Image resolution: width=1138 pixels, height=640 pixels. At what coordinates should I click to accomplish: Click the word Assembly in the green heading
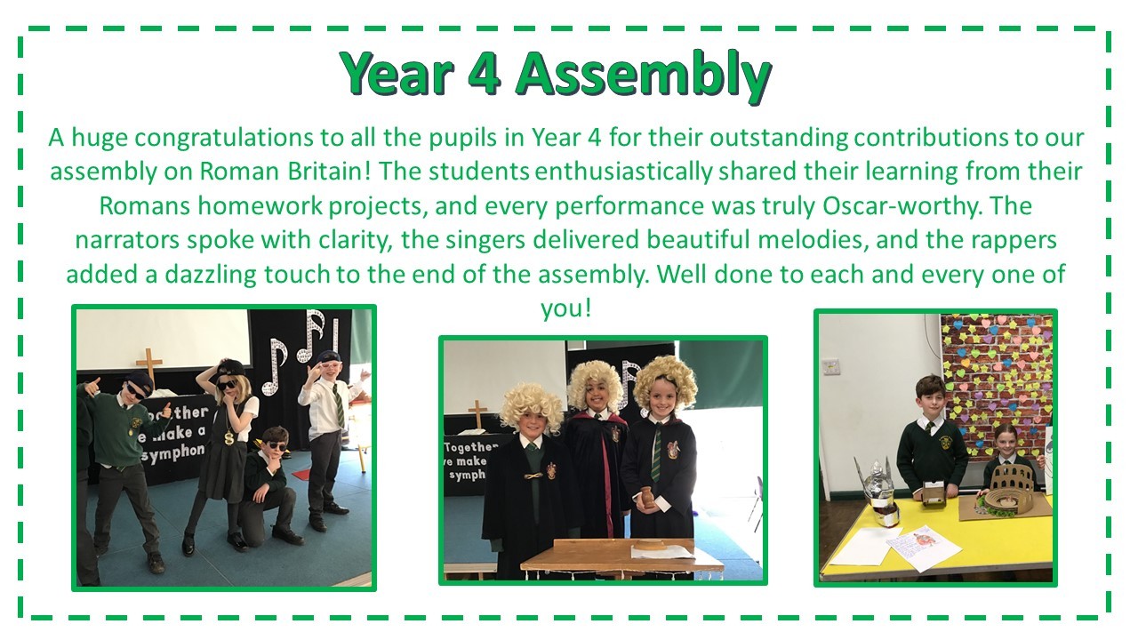click(x=644, y=75)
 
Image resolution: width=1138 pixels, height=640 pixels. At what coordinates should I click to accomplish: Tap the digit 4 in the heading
click(x=485, y=73)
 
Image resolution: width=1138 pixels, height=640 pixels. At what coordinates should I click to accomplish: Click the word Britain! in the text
click(x=329, y=172)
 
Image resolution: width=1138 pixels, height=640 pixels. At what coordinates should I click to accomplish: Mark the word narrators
click(x=127, y=240)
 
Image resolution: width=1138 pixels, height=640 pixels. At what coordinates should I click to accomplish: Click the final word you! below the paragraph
click(x=566, y=308)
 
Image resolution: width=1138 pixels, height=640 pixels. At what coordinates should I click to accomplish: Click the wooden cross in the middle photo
click(x=477, y=414)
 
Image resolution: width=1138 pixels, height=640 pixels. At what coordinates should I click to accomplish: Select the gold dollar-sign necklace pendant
click(x=229, y=438)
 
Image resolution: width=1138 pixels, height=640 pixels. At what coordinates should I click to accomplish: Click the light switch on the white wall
click(x=831, y=366)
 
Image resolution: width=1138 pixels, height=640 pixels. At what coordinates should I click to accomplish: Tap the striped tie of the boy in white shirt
click(x=338, y=406)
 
